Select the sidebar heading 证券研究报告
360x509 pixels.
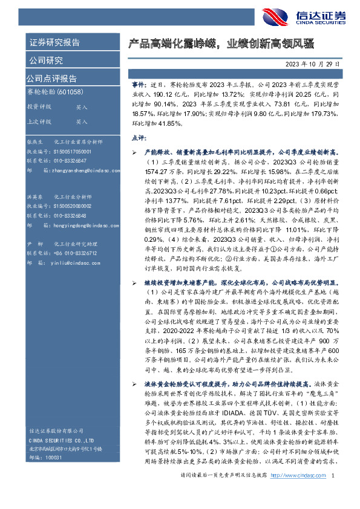pyautogui.click(x=54, y=42)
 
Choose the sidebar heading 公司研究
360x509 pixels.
pyautogui.click(x=46, y=60)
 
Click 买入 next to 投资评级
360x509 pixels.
pyautogui.click(x=82, y=106)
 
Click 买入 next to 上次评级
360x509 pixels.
pyautogui.click(x=82, y=122)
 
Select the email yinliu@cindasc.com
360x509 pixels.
pyautogui.click(x=70, y=264)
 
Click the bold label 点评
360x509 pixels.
pyautogui.click(x=139, y=138)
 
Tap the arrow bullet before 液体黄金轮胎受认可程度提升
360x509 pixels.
pyautogui.click(x=134, y=384)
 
